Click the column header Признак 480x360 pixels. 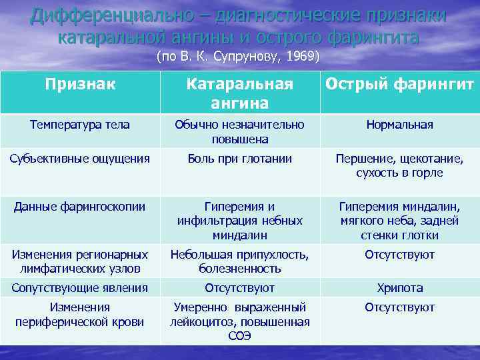click(x=80, y=85)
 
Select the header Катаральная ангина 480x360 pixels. click(x=239, y=93)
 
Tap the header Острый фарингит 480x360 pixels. click(x=399, y=85)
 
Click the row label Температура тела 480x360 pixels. click(x=80, y=125)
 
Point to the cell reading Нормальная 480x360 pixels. click(x=399, y=125)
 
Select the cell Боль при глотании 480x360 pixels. click(x=239, y=159)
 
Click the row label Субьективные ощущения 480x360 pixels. click(x=80, y=159)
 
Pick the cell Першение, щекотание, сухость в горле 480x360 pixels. click(x=399, y=166)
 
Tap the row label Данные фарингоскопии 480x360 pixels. click(x=80, y=207)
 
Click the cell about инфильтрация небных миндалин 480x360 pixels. click(x=239, y=221)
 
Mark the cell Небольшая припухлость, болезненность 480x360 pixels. click(x=239, y=261)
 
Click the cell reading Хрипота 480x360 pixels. click(x=399, y=288)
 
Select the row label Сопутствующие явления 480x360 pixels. click(x=80, y=288)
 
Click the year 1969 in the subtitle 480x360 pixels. click(x=302, y=56)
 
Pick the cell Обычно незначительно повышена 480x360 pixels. click(x=239, y=131)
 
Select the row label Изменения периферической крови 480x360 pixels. click(x=80, y=315)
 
